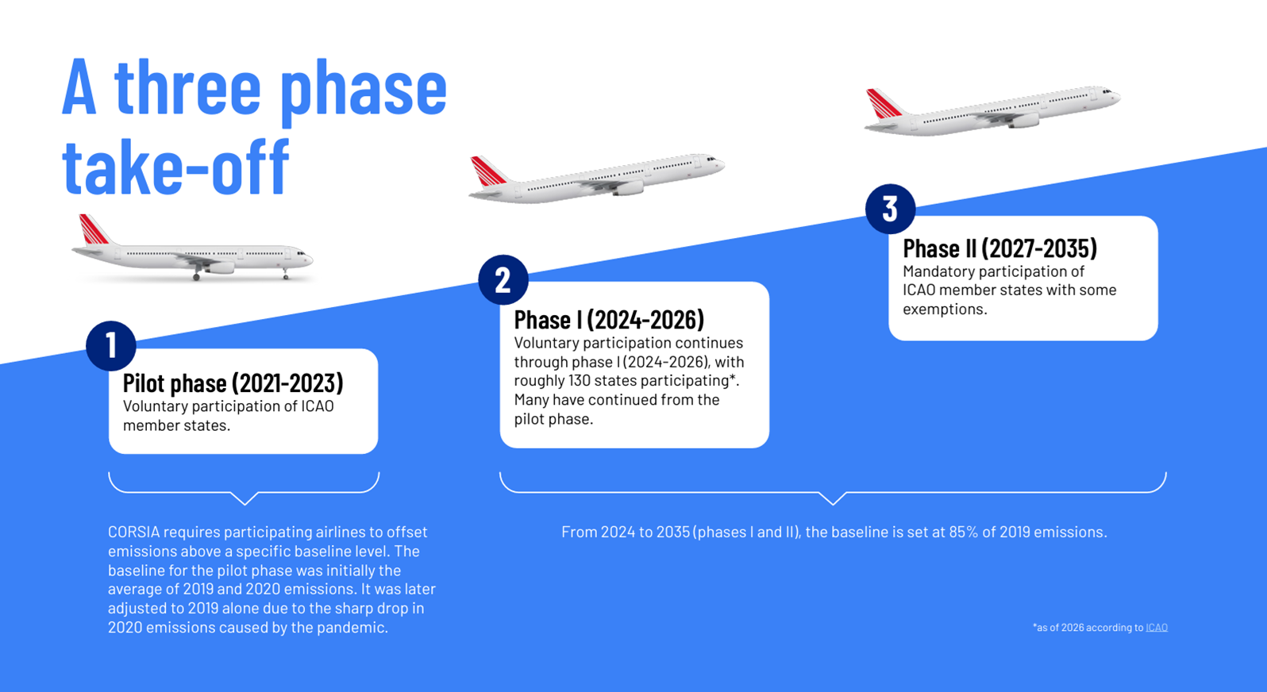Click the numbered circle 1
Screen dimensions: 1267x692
click(111, 346)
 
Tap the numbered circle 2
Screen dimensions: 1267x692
click(503, 280)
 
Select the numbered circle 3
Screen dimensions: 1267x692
click(890, 209)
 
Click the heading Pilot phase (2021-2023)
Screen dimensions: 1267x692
click(233, 383)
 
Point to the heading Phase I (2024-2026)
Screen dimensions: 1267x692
click(609, 320)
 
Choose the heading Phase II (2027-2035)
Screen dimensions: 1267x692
click(1000, 248)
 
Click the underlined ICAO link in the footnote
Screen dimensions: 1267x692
click(1157, 628)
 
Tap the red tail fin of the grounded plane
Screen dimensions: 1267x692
click(93, 229)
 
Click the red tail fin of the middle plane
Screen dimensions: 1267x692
click(487, 171)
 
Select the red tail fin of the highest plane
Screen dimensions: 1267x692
click(884, 103)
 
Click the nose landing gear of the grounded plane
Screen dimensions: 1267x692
click(286, 275)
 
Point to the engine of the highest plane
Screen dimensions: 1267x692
click(1024, 121)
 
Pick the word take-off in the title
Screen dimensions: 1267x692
click(176, 167)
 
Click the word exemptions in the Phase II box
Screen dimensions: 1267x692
click(943, 309)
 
